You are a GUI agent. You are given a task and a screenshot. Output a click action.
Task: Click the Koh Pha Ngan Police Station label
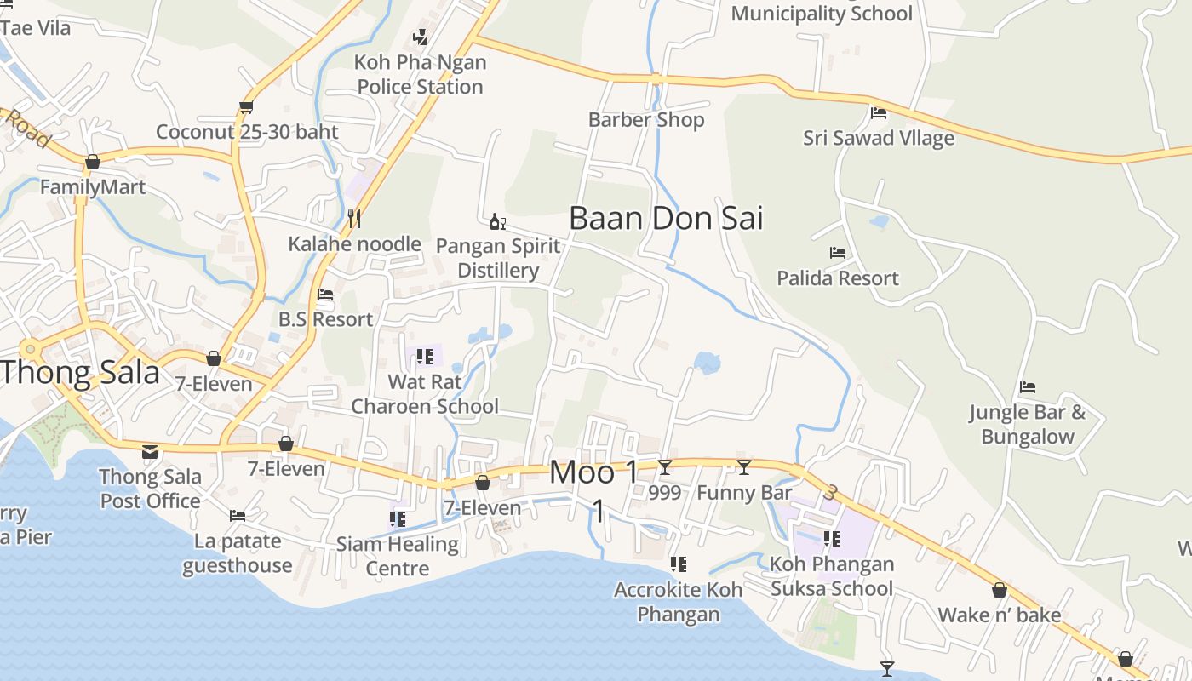(x=420, y=74)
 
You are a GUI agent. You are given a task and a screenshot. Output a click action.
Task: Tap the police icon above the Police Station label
(x=420, y=37)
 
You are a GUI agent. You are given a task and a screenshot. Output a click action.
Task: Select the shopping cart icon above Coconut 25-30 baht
(x=246, y=107)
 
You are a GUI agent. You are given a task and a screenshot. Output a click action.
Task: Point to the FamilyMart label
(x=93, y=186)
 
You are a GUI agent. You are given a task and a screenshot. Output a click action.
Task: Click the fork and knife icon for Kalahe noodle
(x=354, y=219)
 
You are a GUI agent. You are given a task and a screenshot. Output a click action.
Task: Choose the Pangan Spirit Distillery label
(x=498, y=258)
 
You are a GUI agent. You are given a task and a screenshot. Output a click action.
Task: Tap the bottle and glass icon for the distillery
(x=498, y=222)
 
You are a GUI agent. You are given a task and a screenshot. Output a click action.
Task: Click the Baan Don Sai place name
(x=666, y=218)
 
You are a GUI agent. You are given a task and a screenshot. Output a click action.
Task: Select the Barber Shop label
(x=646, y=120)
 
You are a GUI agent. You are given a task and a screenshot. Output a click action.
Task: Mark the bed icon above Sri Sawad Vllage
(x=879, y=112)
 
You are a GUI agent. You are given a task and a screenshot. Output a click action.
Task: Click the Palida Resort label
(x=838, y=278)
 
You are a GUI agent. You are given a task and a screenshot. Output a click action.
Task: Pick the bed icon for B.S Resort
(x=325, y=295)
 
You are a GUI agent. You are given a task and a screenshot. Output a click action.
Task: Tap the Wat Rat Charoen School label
(x=425, y=394)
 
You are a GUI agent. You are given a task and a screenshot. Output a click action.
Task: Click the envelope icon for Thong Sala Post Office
(x=150, y=451)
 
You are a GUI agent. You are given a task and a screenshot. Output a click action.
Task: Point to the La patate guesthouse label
(x=238, y=552)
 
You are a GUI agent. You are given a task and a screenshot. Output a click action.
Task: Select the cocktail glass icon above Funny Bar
(x=744, y=466)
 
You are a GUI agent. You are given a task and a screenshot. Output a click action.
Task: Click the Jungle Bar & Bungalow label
(x=1028, y=425)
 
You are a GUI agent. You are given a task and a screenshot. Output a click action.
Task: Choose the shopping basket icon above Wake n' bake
(x=1000, y=590)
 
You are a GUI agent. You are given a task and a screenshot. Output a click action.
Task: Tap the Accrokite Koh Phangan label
(x=679, y=601)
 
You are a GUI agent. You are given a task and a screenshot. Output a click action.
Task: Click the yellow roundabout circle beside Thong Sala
(x=31, y=349)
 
